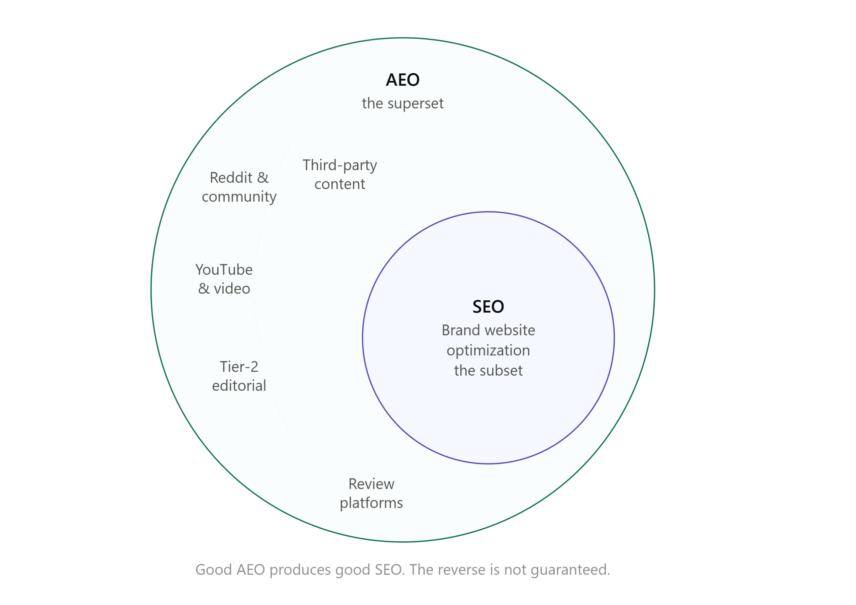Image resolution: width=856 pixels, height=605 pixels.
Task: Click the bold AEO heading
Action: click(403, 80)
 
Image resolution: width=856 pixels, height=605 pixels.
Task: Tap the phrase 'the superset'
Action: click(403, 103)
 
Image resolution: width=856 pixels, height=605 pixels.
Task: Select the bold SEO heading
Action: click(489, 307)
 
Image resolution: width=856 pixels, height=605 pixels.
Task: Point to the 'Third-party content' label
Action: click(340, 175)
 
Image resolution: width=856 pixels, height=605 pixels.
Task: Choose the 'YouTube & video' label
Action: click(224, 279)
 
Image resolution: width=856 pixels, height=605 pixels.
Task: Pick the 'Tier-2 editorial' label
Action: click(239, 376)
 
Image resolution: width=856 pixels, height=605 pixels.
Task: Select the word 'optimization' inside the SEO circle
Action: click(489, 351)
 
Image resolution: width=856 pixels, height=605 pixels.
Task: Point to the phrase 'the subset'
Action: click(489, 371)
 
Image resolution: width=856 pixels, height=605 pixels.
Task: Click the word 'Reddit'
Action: click(231, 178)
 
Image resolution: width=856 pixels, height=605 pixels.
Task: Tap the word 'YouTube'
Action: click(224, 270)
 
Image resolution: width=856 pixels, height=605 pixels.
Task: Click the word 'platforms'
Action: click(371, 503)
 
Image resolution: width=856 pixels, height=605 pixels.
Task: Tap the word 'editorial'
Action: click(239, 386)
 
